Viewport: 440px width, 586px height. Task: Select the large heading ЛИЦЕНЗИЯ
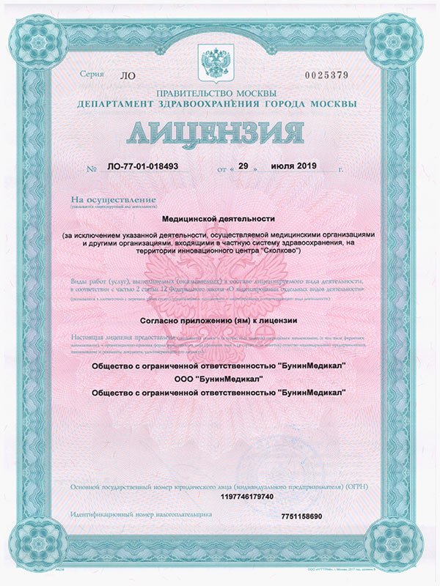pos(219,136)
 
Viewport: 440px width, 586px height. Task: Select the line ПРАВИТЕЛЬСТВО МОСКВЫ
pos(216,94)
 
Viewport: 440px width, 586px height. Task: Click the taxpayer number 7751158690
pos(301,517)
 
